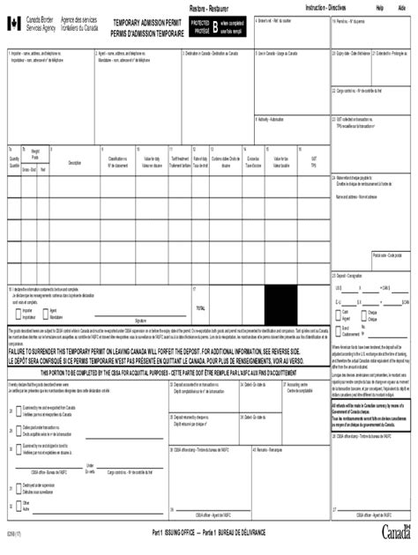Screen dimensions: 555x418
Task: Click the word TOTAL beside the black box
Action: (201, 308)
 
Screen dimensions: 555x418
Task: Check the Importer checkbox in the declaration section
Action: (18, 311)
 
